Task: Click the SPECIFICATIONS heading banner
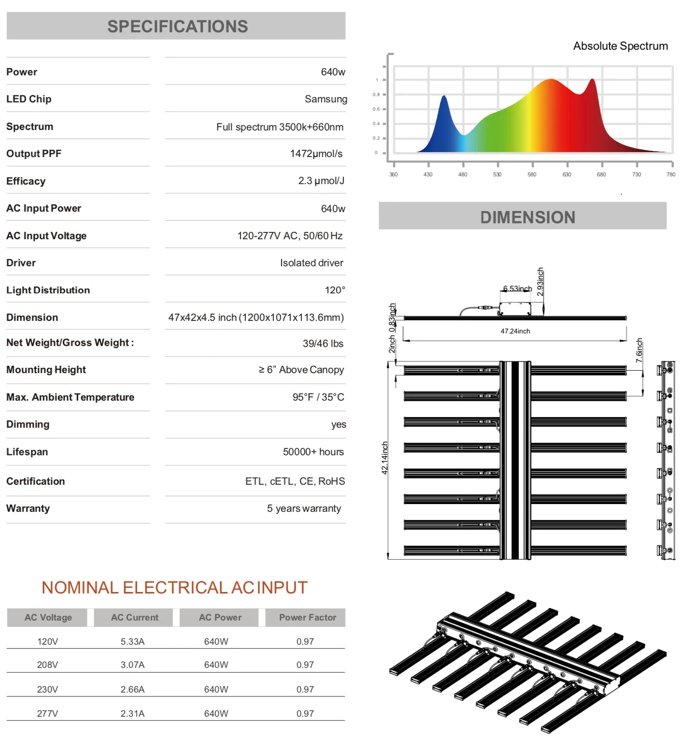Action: pyautogui.click(x=177, y=26)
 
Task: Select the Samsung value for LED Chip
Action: pyautogui.click(x=326, y=99)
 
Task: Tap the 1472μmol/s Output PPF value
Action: pyautogui.click(x=316, y=154)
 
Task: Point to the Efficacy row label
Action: pyautogui.click(x=26, y=181)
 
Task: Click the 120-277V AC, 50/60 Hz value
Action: pyautogui.click(x=290, y=236)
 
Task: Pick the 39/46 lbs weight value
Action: pyautogui.click(x=323, y=344)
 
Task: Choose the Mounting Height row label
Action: pyautogui.click(x=46, y=370)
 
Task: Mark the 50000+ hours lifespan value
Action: pyautogui.click(x=313, y=452)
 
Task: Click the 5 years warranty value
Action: pyautogui.click(x=304, y=508)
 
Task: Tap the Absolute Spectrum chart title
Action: pyautogui.click(x=620, y=46)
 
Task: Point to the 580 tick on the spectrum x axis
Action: pyautogui.click(x=532, y=174)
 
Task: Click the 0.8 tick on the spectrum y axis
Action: pyautogui.click(x=376, y=95)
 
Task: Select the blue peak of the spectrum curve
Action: pyautogui.click(x=443, y=97)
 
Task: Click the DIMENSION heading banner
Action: pyautogui.click(x=527, y=217)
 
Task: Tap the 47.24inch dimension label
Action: pyautogui.click(x=515, y=332)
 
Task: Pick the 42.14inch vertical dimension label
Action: pyautogui.click(x=385, y=458)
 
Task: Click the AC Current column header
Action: pyautogui.click(x=134, y=618)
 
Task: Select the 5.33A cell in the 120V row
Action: pyautogui.click(x=132, y=642)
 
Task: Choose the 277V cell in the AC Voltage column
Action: pyautogui.click(x=47, y=714)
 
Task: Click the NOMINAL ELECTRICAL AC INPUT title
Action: pyautogui.click(x=174, y=588)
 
